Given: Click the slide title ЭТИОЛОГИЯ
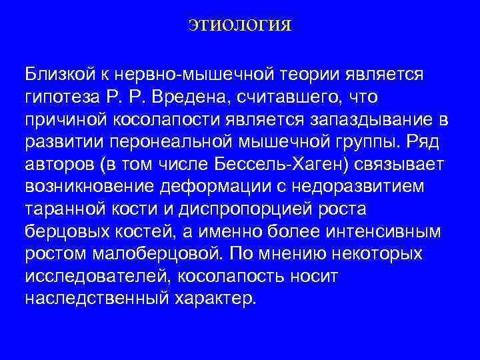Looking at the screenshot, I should coord(239,26).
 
